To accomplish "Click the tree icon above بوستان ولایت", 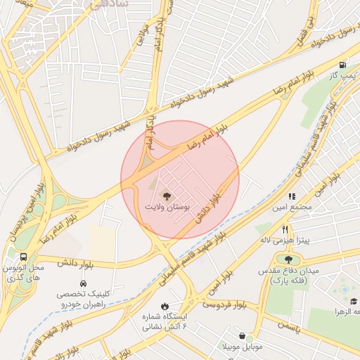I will point(167,196).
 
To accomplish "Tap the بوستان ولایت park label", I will point(168,208).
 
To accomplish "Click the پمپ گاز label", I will point(341,75).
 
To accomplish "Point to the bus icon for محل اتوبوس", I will point(24,257).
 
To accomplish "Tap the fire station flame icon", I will point(165,307).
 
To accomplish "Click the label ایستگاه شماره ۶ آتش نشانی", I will point(165,322).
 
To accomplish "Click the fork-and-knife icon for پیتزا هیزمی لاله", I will point(285,229).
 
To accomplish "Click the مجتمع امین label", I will point(290,209).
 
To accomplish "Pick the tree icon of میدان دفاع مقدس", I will point(288,260).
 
